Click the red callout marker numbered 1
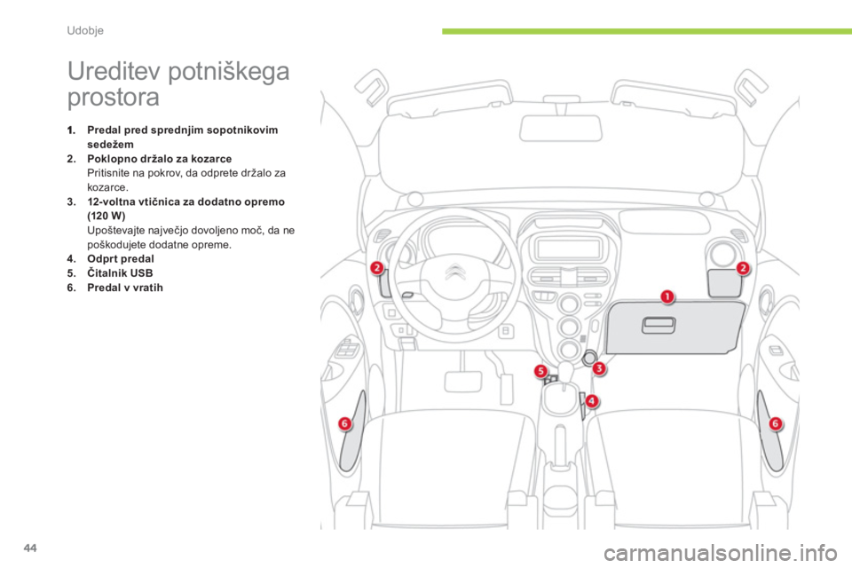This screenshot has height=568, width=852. (x=667, y=296)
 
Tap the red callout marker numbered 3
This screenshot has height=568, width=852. (x=599, y=368)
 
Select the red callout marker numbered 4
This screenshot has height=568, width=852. (x=591, y=401)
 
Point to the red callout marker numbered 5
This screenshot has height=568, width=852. (x=540, y=371)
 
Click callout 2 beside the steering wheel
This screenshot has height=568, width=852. (x=377, y=267)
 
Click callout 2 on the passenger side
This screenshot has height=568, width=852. (x=743, y=267)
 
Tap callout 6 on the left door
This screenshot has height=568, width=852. (x=344, y=423)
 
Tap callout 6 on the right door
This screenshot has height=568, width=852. (x=776, y=423)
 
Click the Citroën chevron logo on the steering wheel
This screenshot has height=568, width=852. (x=455, y=272)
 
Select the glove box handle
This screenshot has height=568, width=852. (x=659, y=326)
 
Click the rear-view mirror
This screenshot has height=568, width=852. (x=561, y=128)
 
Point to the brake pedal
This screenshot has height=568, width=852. (x=463, y=381)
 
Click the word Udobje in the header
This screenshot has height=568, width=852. (x=85, y=30)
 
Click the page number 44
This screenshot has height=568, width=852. (x=30, y=548)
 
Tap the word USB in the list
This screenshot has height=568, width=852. (x=141, y=272)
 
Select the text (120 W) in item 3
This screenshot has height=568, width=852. (x=106, y=216)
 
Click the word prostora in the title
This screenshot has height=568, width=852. (x=113, y=98)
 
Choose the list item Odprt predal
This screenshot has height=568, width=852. (x=120, y=259)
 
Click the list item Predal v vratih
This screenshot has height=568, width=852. (x=125, y=288)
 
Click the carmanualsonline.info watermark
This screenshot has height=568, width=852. (x=721, y=553)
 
